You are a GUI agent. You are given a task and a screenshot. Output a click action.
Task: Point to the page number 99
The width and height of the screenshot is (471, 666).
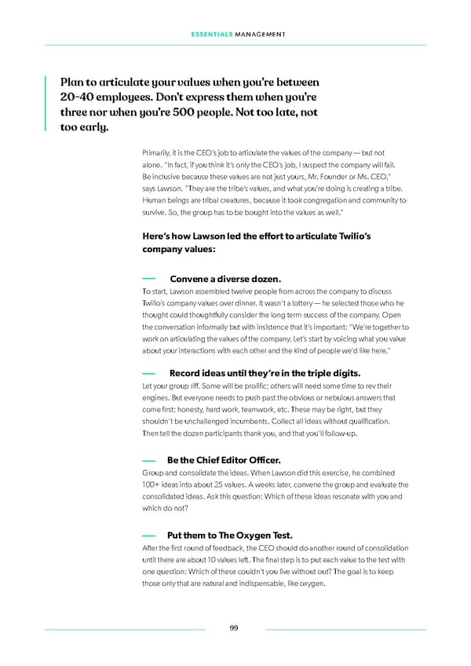point(235,628)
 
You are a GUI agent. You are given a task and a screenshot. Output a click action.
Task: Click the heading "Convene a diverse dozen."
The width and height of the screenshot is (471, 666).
point(225,279)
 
